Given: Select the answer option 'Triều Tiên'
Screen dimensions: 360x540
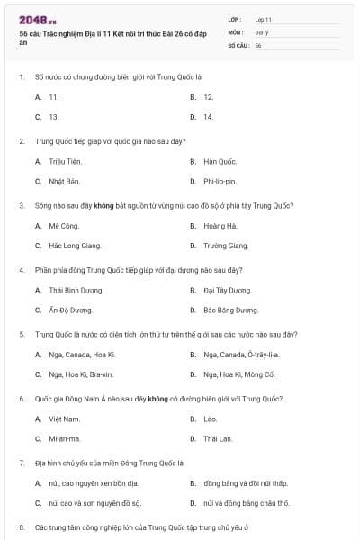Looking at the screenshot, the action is click(x=65, y=161).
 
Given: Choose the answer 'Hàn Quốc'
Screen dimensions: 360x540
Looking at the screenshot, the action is click(x=220, y=161).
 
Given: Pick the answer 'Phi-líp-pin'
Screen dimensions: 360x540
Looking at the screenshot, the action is click(x=220, y=181).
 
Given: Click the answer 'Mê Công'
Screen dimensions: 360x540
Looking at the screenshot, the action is click(x=64, y=226).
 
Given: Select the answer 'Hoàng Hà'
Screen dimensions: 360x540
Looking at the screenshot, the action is click(x=220, y=226).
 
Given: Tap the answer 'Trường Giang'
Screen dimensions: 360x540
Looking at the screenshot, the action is click(x=225, y=246).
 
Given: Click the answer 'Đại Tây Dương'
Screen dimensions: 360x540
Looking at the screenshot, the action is click(x=227, y=290).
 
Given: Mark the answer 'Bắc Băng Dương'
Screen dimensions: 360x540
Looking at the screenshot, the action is click(x=229, y=310).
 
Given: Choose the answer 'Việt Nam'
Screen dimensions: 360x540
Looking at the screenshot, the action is click(x=64, y=418).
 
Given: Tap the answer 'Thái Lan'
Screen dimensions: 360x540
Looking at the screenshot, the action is click(x=218, y=438).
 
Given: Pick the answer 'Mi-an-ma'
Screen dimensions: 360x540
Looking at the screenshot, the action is click(x=65, y=438).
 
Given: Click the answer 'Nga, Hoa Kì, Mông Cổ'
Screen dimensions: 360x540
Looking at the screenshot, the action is click(x=238, y=374).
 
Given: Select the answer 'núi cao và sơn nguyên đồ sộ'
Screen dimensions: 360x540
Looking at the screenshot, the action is click(x=94, y=503).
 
